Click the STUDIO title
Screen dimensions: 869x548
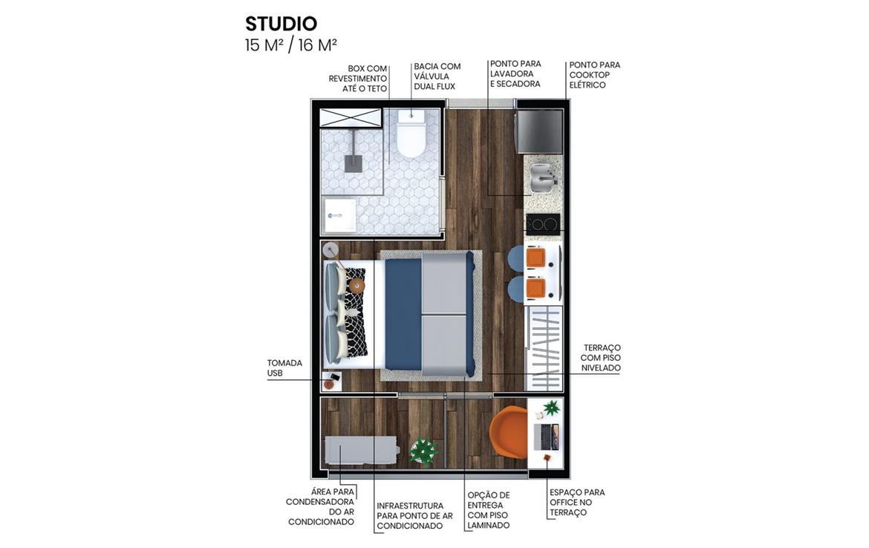(281, 24)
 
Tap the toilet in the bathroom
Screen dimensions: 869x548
(411, 133)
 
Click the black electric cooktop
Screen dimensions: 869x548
(543, 224)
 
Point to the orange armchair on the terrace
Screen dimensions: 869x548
(509, 433)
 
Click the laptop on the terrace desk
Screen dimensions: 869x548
(547, 437)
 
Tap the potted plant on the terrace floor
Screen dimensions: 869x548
(424, 450)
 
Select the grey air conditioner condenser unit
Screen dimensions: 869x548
(361, 450)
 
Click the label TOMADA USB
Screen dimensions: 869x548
(284, 368)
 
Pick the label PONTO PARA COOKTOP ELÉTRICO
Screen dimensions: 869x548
(594, 75)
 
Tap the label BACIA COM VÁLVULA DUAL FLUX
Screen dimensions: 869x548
(437, 76)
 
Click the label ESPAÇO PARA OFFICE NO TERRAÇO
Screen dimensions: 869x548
(577, 502)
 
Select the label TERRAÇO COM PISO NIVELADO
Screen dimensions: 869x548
(601, 358)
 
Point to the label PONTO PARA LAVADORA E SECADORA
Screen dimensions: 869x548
(515, 74)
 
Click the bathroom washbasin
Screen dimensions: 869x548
(339, 215)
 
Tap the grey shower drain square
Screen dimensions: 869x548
(353, 163)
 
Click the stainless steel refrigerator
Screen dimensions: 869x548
(539, 131)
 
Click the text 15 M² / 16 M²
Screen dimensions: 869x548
(291, 45)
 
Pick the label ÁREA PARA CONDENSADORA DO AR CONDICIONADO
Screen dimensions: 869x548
(320, 506)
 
